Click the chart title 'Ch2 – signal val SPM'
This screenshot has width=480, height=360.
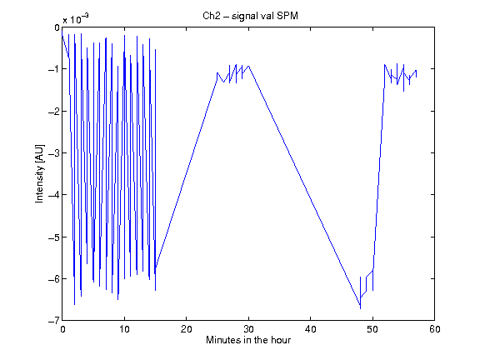250,16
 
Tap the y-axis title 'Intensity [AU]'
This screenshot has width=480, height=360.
40,173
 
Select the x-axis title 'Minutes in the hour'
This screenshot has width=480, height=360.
248,340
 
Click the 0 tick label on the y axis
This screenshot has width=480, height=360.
57,27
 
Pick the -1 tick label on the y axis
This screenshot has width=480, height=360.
54,69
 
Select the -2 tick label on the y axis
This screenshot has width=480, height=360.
54,112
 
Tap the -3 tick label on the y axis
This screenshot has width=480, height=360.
54,153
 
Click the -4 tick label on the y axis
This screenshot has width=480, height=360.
54,195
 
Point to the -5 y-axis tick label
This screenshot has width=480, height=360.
54,237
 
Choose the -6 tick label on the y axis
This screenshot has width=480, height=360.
54,279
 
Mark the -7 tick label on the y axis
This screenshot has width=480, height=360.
54,321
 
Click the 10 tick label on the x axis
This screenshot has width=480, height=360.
124,329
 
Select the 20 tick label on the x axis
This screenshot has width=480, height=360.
186,329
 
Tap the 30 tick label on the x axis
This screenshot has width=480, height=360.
248,329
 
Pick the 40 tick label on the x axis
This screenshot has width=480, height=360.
310,329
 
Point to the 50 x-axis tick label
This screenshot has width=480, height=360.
372,329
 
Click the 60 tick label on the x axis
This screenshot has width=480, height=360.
435,329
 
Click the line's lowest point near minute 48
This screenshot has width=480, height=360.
360,308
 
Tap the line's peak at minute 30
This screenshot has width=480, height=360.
248,66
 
